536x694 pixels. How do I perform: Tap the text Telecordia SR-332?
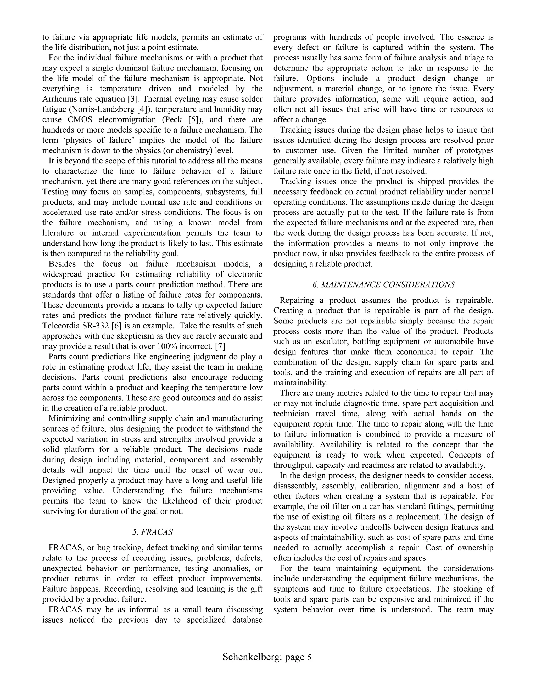(x=76, y=326)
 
